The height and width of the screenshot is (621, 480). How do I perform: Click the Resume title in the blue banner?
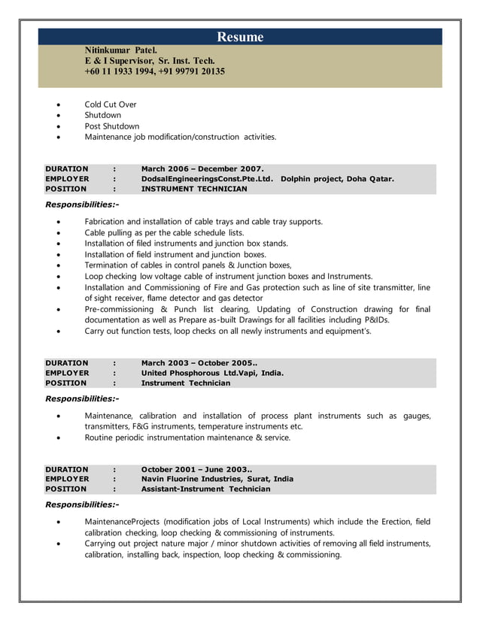click(x=240, y=37)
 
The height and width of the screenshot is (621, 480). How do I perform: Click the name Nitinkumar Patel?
click(x=120, y=50)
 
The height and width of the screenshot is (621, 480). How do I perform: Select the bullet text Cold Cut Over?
click(x=111, y=105)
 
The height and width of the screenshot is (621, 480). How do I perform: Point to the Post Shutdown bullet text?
click(x=112, y=126)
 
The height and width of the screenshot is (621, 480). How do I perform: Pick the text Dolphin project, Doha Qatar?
click(x=337, y=179)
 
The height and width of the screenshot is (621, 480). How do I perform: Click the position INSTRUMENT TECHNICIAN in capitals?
click(x=194, y=189)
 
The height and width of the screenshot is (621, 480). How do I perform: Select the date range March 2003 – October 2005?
click(x=199, y=362)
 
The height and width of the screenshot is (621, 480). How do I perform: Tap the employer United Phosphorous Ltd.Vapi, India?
click(x=212, y=373)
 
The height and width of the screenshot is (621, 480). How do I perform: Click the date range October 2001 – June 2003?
click(x=196, y=468)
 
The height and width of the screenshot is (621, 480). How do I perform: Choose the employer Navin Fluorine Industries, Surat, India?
click(x=217, y=479)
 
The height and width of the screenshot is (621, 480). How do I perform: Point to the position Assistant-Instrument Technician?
click(x=205, y=489)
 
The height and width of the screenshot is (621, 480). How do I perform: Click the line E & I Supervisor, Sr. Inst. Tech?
click(x=150, y=60)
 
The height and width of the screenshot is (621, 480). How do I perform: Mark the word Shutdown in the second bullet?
click(x=103, y=115)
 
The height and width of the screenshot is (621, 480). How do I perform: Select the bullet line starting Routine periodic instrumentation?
click(x=187, y=437)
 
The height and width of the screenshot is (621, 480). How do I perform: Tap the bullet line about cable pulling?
click(x=164, y=233)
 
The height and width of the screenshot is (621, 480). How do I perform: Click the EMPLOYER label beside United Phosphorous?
click(x=67, y=373)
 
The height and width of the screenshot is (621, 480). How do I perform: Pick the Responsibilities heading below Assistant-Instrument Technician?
click(x=82, y=504)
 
